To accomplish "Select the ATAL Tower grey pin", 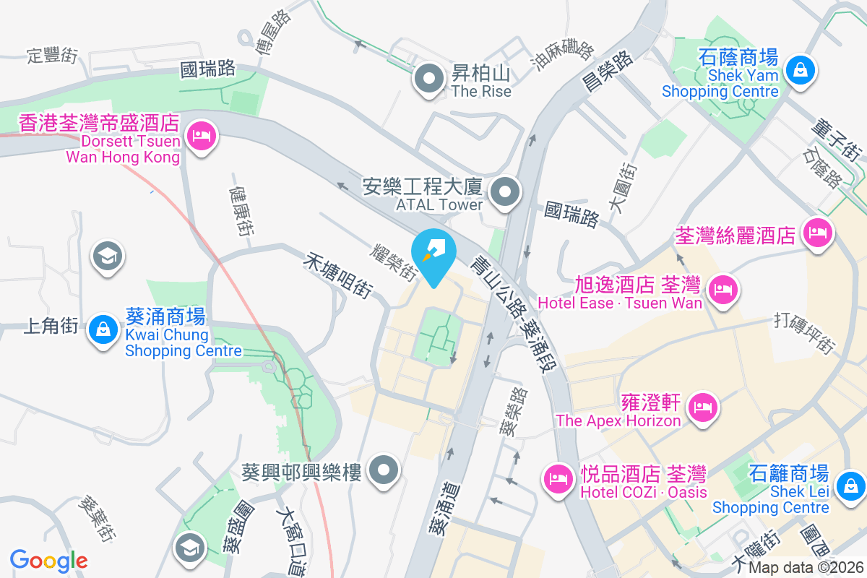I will (x=505, y=193).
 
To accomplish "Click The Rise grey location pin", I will (x=431, y=79).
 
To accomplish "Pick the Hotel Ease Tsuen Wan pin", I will (x=722, y=290).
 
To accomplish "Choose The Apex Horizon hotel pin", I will (x=703, y=407).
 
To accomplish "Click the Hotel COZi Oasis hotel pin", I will (x=558, y=478).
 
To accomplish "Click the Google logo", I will (x=48, y=561).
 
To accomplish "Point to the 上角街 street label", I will (x=51, y=327).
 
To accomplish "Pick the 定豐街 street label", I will (x=52, y=56).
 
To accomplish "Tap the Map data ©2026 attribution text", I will (x=806, y=568).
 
